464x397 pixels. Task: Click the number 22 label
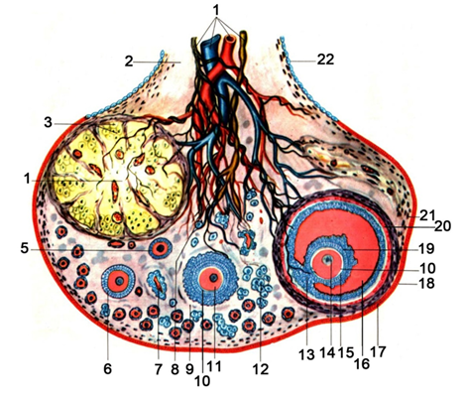click(325, 60)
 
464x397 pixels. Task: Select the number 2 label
click(129, 62)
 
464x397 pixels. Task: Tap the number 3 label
click(49, 123)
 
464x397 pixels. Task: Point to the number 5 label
click(25, 249)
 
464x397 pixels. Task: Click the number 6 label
click(108, 368)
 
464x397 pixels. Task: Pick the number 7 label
click(159, 368)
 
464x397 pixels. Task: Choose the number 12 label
click(261, 369)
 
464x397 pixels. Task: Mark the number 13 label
click(306, 354)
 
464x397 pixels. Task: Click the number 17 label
click(378, 351)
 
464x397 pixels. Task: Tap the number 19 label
click(426, 248)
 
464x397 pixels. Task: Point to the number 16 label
click(362, 363)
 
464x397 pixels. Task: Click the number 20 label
click(443, 226)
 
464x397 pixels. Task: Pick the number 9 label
click(189, 368)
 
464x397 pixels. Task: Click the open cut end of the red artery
click(229, 39)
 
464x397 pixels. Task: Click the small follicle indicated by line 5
click(161, 248)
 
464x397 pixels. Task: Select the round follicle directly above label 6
click(118, 281)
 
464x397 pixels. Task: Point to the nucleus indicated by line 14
click(328, 260)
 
